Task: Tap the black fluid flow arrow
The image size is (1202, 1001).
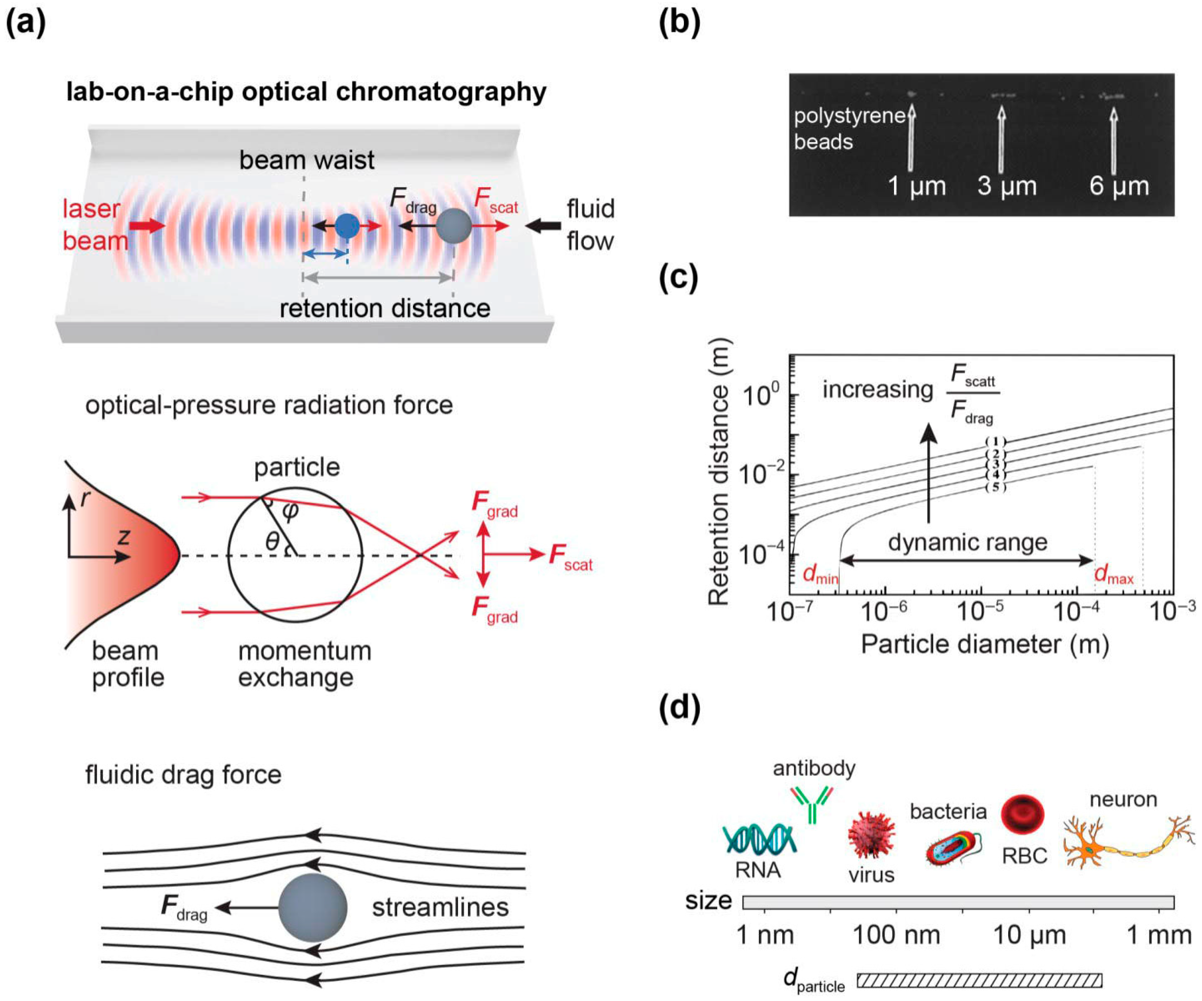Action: coord(543,226)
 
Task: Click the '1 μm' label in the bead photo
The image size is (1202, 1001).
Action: coord(916,186)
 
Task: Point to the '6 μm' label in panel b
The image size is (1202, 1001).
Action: coord(1119,186)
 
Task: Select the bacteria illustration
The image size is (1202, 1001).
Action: coord(953,848)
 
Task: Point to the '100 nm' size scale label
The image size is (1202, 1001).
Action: coord(896,935)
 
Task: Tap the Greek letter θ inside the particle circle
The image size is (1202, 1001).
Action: coord(272,541)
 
